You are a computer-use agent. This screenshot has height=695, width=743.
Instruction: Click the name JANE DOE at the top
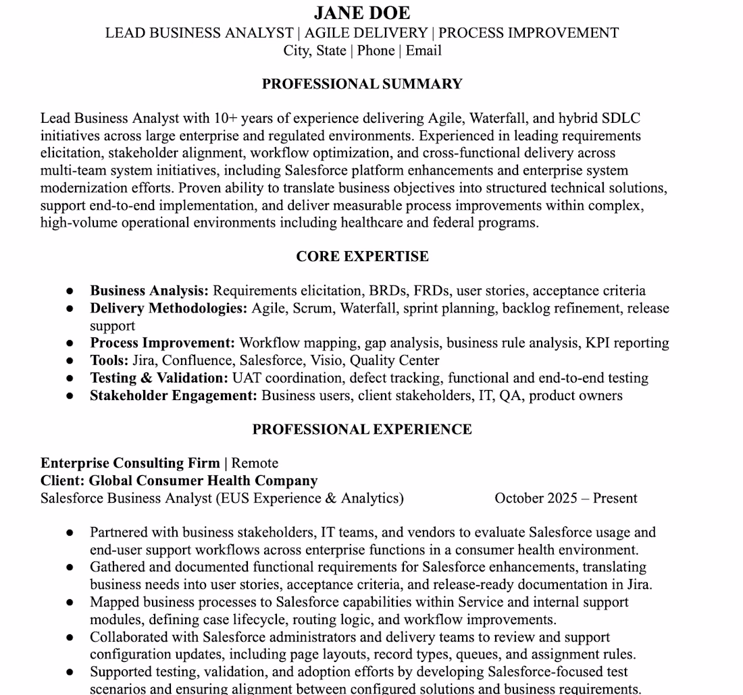(x=362, y=13)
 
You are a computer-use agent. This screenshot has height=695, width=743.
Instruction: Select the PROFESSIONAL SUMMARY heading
(x=362, y=84)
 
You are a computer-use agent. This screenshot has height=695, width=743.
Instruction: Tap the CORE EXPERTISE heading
(x=362, y=256)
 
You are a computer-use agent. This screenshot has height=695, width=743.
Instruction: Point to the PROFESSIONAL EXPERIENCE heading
(x=362, y=429)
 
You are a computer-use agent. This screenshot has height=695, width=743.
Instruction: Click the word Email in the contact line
(x=424, y=51)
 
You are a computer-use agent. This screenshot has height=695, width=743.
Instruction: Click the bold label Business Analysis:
(x=149, y=291)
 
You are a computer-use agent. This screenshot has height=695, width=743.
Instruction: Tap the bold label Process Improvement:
(x=163, y=343)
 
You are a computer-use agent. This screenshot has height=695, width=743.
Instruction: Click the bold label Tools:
(x=109, y=360)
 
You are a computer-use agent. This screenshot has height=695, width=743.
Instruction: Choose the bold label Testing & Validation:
(x=159, y=378)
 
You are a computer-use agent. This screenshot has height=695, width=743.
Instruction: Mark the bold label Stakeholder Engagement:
(x=174, y=395)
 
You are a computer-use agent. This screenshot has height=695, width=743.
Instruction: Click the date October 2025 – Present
(x=565, y=499)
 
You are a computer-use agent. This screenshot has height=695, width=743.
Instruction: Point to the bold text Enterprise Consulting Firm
(x=130, y=463)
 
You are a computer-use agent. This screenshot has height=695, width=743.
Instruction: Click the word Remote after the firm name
(x=255, y=463)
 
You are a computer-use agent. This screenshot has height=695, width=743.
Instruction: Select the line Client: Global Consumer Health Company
(x=179, y=480)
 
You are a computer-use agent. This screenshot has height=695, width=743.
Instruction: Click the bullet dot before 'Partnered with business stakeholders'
(x=70, y=533)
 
